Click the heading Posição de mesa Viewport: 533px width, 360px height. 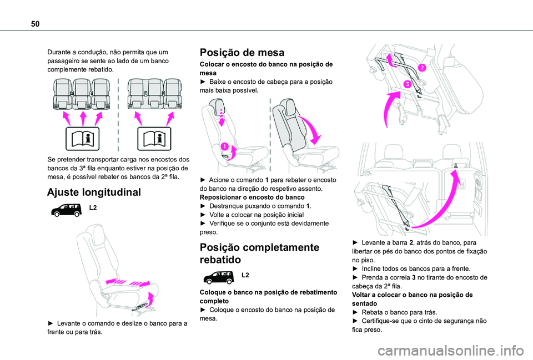point(242,53)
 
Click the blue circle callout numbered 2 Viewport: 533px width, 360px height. point(422,68)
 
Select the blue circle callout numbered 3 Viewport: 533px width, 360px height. point(407,84)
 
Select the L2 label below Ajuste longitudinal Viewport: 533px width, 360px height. point(93,207)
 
